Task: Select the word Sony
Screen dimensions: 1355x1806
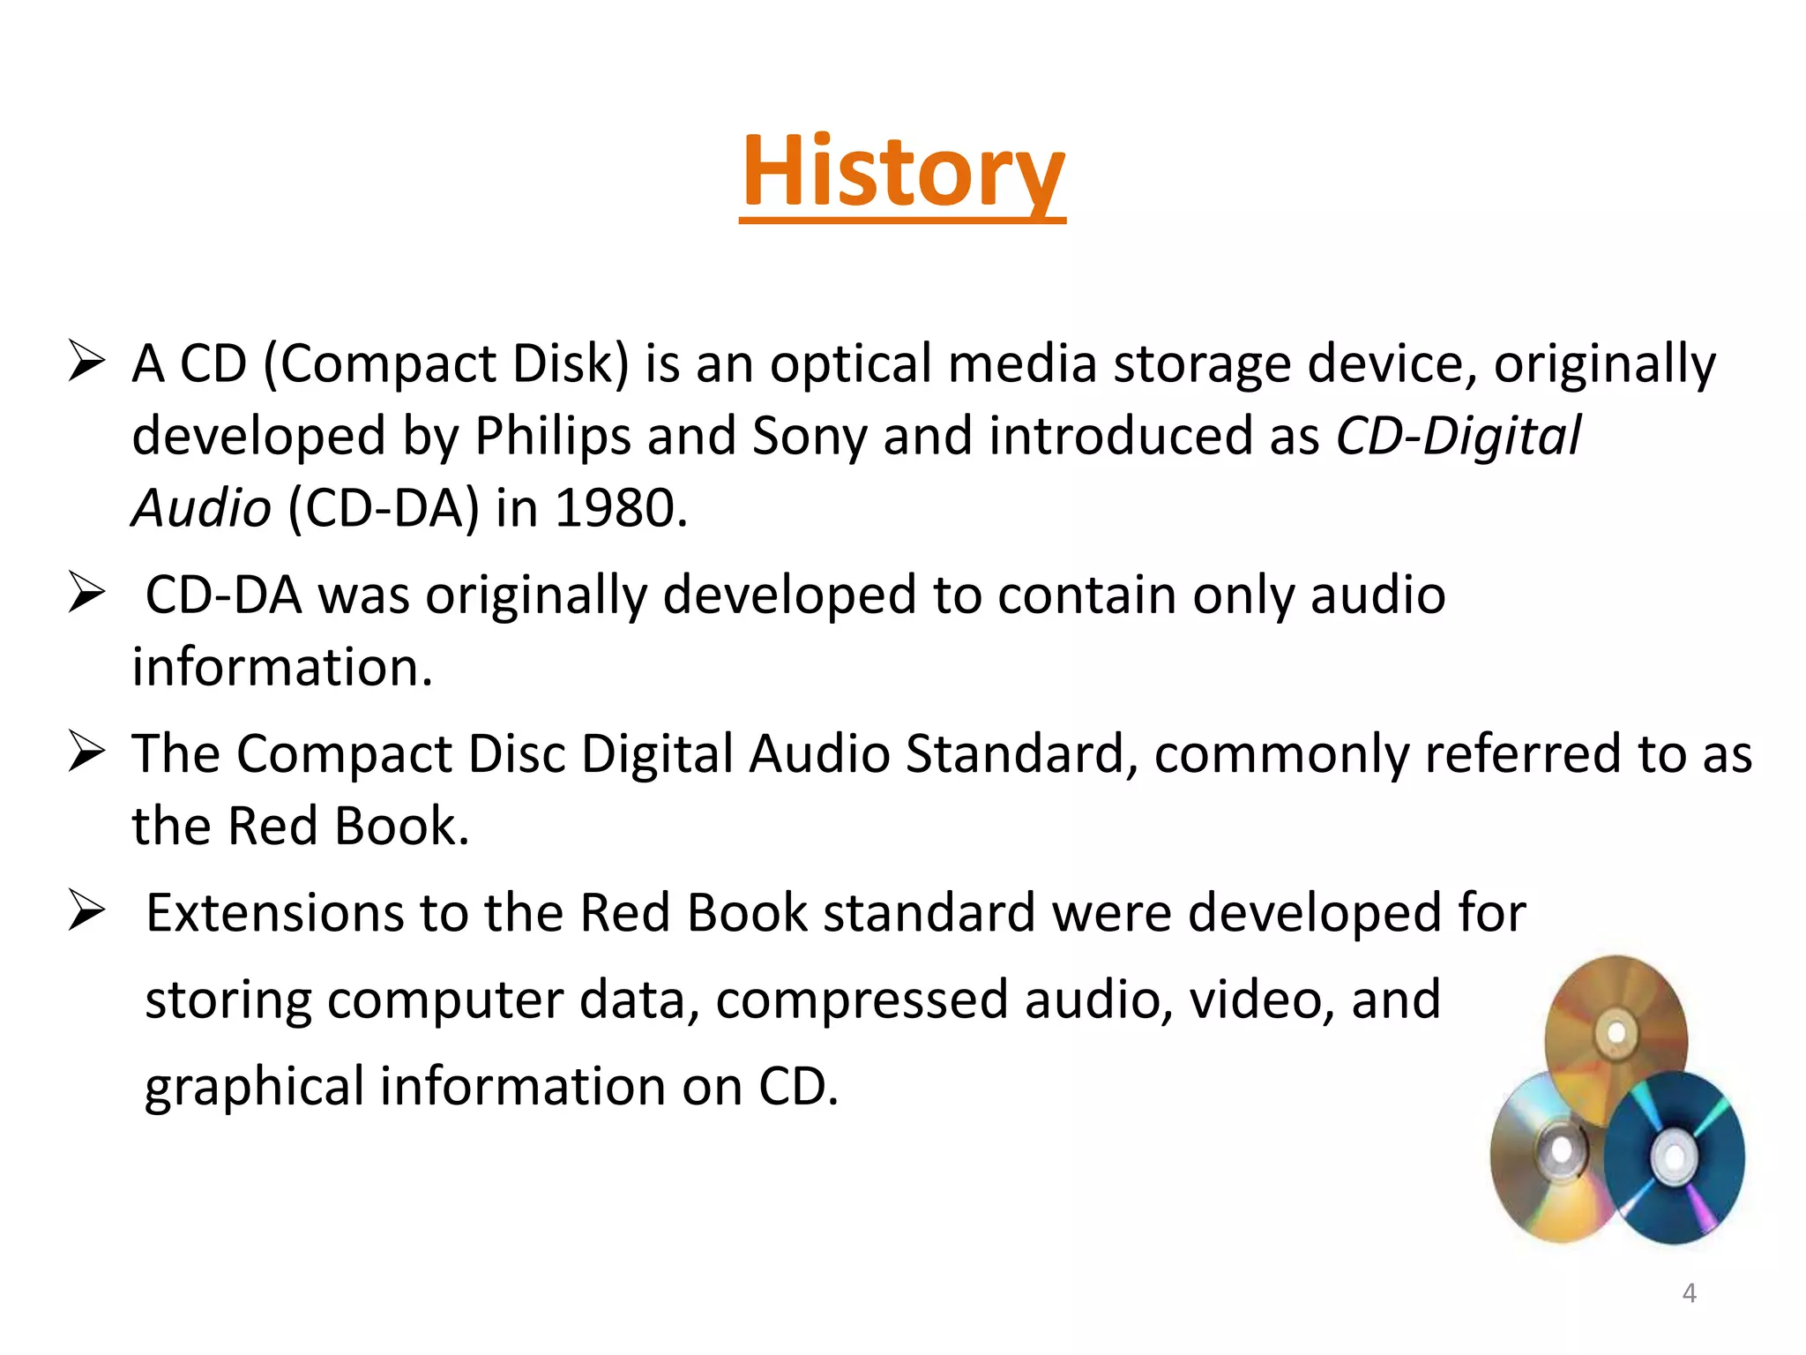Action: [809, 436]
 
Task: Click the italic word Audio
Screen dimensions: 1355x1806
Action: [202, 508]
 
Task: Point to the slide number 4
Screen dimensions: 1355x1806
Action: [1689, 1292]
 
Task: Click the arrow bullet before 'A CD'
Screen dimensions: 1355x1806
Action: [86, 363]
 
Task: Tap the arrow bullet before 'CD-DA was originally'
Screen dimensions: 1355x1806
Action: [86, 593]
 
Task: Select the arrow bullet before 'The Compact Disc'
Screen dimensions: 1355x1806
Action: [86, 752]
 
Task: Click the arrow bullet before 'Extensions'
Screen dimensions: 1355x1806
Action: [86, 911]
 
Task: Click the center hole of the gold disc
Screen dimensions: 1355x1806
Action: [1616, 1032]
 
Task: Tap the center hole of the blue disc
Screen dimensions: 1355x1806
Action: [1670, 1153]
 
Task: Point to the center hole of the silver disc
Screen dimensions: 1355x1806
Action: [1561, 1149]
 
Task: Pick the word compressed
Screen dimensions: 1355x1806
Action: [862, 999]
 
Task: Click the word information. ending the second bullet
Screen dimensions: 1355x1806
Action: [282, 667]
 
